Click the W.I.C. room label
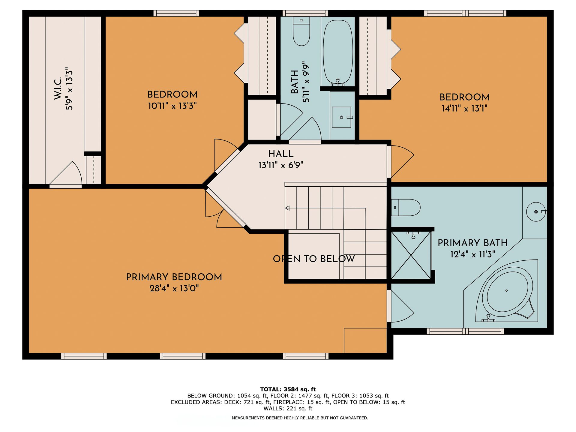click(x=58, y=88)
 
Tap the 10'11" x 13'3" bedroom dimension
click(x=172, y=106)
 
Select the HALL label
click(x=281, y=154)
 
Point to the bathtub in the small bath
click(x=337, y=51)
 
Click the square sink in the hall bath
click(x=341, y=117)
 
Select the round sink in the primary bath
click(x=536, y=212)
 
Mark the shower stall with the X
click(x=411, y=255)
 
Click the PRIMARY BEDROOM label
click(x=174, y=277)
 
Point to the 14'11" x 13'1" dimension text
click(x=464, y=108)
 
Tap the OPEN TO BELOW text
click(x=314, y=259)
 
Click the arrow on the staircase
click(x=287, y=208)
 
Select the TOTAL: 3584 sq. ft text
click(x=288, y=389)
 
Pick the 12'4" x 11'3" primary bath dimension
click(x=472, y=254)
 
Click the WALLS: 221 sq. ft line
click(x=288, y=409)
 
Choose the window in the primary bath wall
click(x=465, y=331)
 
